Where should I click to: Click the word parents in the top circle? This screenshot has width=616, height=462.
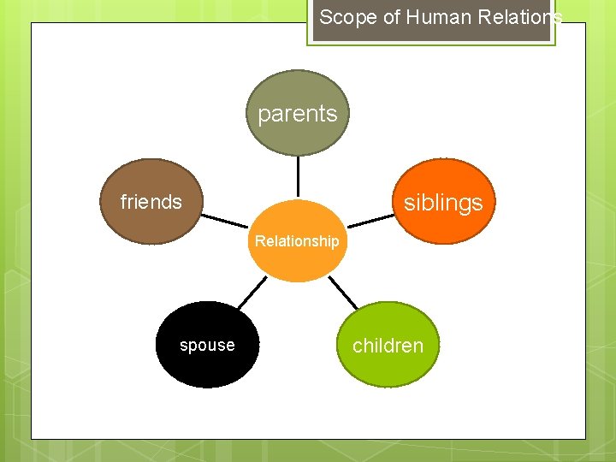click(298, 114)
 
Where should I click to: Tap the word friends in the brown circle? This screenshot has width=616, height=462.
click(151, 202)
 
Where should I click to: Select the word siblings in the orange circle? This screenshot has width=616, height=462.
click(443, 203)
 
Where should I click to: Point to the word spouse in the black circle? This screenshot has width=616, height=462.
click(207, 346)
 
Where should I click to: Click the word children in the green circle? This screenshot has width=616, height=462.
click(388, 346)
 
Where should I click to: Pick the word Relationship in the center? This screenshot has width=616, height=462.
click(297, 241)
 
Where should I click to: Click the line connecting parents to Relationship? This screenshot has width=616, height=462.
click(298, 177)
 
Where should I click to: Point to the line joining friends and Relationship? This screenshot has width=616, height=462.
click(224, 218)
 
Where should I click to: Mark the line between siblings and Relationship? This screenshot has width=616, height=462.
click(371, 221)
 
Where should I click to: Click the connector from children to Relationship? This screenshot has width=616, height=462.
click(343, 293)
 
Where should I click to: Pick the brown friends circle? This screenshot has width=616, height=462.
click(151, 224)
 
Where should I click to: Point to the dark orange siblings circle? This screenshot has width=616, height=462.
click(443, 180)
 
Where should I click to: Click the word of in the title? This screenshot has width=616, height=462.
click(391, 17)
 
